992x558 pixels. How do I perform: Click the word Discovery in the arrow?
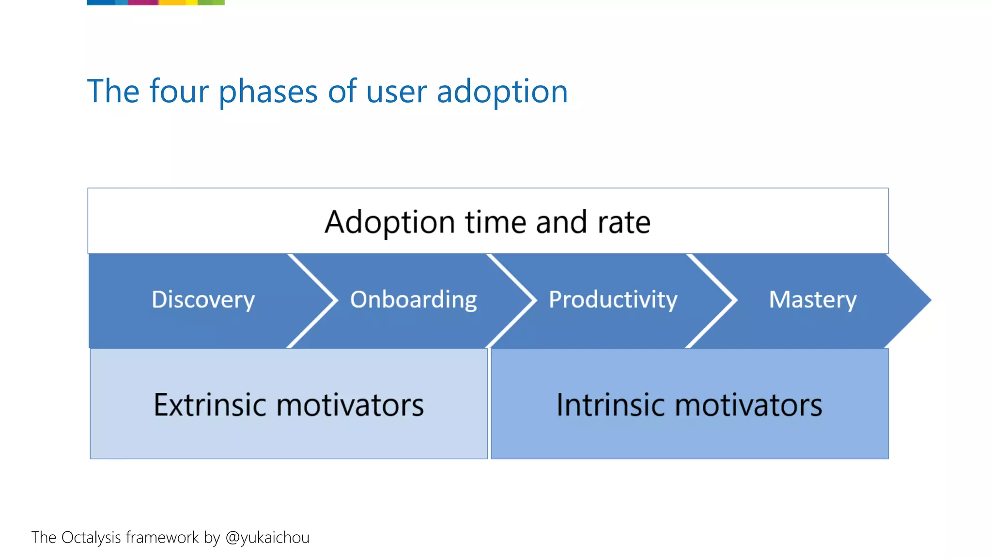click(203, 300)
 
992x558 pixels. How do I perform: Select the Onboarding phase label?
click(413, 300)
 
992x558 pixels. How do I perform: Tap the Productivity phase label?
click(613, 300)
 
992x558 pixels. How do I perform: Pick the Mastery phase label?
click(813, 300)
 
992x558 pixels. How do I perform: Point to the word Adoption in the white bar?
click(389, 223)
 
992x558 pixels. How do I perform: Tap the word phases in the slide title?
click(268, 92)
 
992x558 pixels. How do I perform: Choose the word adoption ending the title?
click(502, 92)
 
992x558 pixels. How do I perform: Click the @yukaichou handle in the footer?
click(267, 538)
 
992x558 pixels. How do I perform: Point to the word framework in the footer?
click(162, 538)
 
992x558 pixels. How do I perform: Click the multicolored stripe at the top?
click(155, 2)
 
